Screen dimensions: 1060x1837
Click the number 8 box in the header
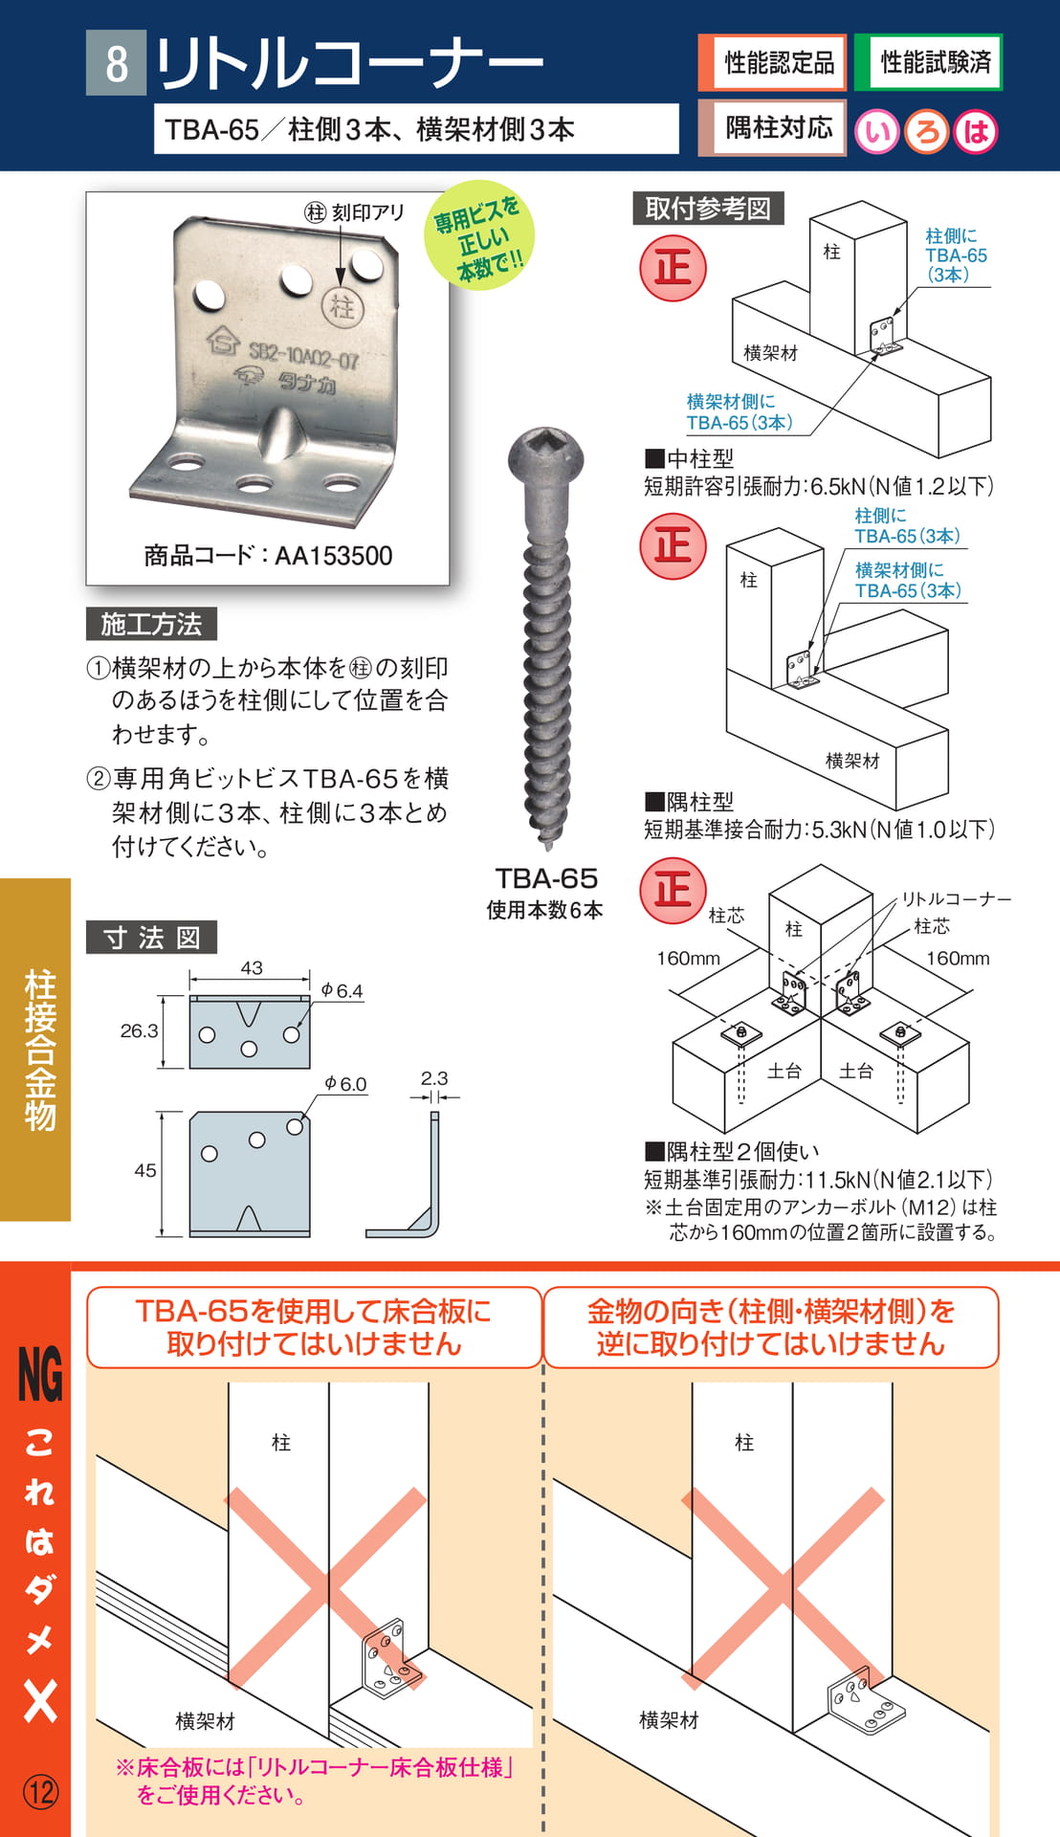tap(116, 63)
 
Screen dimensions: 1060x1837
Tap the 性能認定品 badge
tap(773, 63)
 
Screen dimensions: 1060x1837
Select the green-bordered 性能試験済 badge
tap(928, 62)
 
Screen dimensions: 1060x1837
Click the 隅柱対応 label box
tap(773, 127)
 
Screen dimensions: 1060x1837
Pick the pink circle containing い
tap(876, 132)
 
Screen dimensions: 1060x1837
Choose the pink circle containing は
tap(975, 132)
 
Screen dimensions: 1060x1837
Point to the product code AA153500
tap(334, 556)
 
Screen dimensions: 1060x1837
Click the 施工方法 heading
tap(151, 624)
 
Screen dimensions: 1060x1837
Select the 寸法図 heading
tap(151, 937)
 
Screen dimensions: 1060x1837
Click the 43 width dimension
tap(252, 967)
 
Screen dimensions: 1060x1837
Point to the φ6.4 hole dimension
tap(342, 991)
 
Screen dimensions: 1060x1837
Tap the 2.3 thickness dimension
tap(434, 1078)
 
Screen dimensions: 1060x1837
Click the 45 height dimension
tap(145, 1170)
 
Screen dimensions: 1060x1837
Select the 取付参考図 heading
tap(708, 209)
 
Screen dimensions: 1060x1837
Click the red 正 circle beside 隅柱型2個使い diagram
tap(673, 891)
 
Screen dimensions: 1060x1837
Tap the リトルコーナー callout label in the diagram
tap(957, 899)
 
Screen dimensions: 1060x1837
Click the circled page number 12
tap(40, 1791)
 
